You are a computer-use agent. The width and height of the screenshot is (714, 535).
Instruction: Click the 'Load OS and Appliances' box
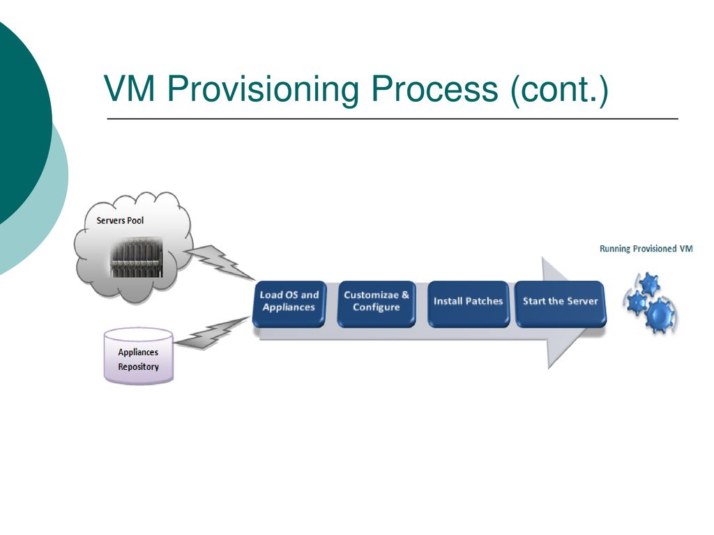coord(289,304)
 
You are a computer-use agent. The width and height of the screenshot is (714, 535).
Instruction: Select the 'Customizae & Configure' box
coord(376,304)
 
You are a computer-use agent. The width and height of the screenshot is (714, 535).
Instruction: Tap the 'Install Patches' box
coord(468,304)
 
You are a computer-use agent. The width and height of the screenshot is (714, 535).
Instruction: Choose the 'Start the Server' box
coord(560,304)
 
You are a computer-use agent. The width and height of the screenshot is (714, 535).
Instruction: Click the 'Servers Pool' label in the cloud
coord(120,221)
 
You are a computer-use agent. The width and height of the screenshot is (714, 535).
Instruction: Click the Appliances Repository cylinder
coord(139,356)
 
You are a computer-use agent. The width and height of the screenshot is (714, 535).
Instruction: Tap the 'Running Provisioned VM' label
coord(646,249)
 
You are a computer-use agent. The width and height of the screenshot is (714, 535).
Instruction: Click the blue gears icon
coord(651,302)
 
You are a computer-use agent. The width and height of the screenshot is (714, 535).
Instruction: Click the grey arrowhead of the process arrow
coord(568,313)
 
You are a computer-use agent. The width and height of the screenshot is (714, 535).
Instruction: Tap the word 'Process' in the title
coord(435,88)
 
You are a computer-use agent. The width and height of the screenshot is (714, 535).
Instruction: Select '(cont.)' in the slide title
coord(560,90)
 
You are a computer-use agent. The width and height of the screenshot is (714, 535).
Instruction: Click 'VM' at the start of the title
coord(130,88)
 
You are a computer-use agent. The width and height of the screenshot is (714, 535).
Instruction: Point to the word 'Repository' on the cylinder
coord(139,366)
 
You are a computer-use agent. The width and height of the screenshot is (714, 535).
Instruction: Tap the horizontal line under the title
coord(393,118)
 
